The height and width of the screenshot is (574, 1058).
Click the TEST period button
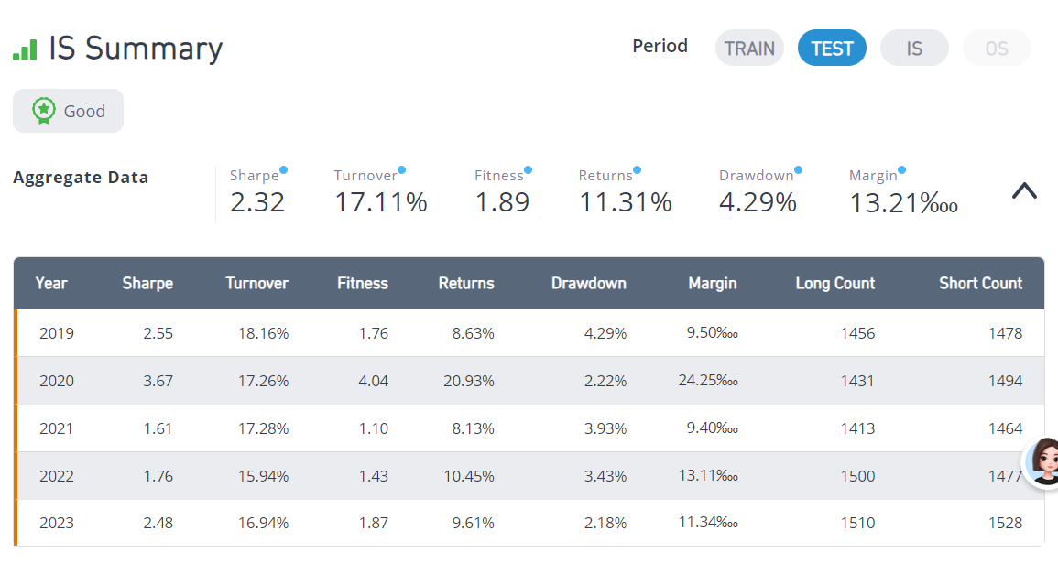[x=832, y=48]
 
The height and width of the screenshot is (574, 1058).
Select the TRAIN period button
[x=749, y=48]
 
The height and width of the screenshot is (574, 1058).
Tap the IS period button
[x=914, y=48]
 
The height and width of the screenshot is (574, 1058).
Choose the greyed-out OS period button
[x=997, y=48]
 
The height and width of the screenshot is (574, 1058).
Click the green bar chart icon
[x=25, y=49]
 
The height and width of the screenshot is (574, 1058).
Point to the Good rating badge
[x=68, y=111]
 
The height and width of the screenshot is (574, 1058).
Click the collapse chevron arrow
[x=1024, y=191]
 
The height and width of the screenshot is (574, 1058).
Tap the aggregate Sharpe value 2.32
[x=257, y=202]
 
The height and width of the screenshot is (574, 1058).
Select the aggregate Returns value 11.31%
[x=625, y=202]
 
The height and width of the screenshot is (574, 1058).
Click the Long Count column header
[x=834, y=283]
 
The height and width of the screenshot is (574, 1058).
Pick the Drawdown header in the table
[x=588, y=283]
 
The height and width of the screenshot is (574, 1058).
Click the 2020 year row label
[x=57, y=381]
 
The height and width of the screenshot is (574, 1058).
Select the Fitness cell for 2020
[x=373, y=381]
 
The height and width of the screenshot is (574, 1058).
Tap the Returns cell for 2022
[x=469, y=476]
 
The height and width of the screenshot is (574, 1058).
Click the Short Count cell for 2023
[x=1006, y=523]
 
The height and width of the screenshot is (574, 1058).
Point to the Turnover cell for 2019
[x=263, y=333]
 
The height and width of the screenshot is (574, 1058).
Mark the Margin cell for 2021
[x=713, y=428]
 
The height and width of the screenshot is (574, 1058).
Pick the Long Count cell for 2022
[x=857, y=476]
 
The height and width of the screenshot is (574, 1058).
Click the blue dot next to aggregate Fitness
[x=528, y=170]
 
